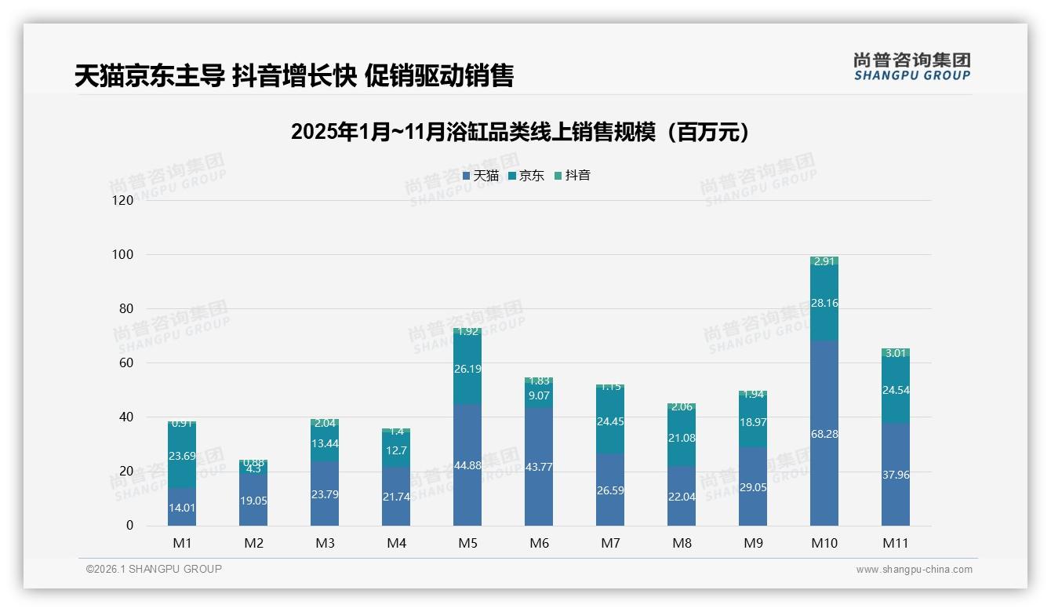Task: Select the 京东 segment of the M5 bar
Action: (467, 369)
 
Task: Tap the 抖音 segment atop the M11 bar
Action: (896, 353)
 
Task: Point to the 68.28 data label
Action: (824, 434)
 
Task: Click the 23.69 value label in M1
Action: (182, 456)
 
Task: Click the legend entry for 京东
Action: (526, 176)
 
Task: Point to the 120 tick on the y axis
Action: (123, 201)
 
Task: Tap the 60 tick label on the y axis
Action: (126, 363)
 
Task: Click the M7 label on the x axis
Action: (610, 543)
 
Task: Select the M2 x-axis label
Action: (253, 543)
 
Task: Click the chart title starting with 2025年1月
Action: (520, 132)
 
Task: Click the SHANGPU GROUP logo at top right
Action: (911, 67)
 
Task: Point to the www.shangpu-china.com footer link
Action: (914, 570)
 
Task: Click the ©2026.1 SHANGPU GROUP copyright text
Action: (154, 569)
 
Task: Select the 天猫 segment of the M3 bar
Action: (325, 493)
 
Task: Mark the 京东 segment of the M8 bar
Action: (682, 438)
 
